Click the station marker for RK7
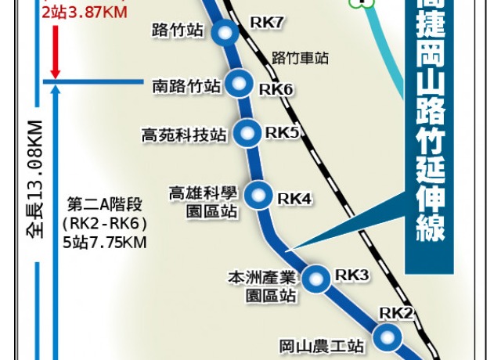pos(225,33)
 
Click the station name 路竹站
pos(179,31)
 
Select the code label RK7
pos(266,23)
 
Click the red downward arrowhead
pos(53,65)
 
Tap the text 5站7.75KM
pos(106,240)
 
